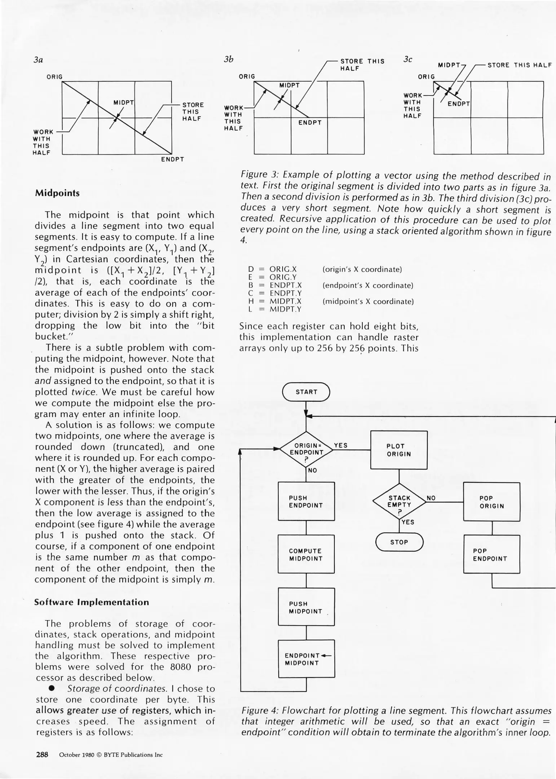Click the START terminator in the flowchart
point(306,392)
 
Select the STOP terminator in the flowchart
point(399,542)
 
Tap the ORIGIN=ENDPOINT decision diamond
point(306,450)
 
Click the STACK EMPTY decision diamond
point(399,502)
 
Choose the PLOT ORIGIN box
point(399,450)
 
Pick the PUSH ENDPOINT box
point(306,502)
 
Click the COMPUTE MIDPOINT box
point(306,555)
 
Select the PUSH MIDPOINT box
point(306,607)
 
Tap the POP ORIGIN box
point(491,502)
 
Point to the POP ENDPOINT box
point(491,555)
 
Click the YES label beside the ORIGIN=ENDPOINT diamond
point(341,445)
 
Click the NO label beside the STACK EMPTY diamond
point(431,498)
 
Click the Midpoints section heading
point(57,193)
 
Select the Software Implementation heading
point(92,602)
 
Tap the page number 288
point(42,754)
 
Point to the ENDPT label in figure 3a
point(172,159)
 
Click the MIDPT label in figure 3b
point(289,85)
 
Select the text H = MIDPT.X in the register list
point(275,301)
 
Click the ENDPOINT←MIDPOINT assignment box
point(306,659)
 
